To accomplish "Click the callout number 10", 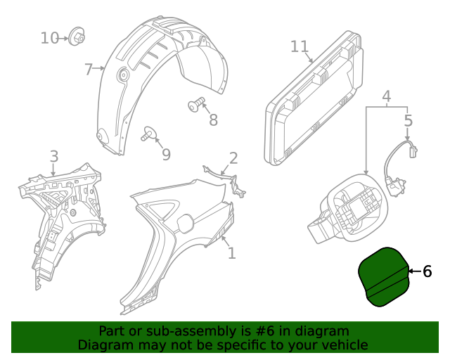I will pyautogui.click(x=49, y=37).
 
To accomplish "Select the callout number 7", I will pyautogui.click(x=88, y=69).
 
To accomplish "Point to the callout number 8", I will pyautogui.click(x=213, y=120).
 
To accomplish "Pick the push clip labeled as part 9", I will pyautogui.click(x=149, y=133).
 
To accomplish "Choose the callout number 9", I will pyautogui.click(x=166, y=153).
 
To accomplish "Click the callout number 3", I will pyautogui.click(x=53, y=156).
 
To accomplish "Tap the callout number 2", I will pyautogui.click(x=233, y=158).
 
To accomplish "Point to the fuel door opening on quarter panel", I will pyautogui.click(x=184, y=223).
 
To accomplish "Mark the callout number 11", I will pyautogui.click(x=300, y=46).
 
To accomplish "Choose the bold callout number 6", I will pyautogui.click(x=427, y=271).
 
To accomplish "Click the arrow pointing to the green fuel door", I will pyautogui.click(x=414, y=271).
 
